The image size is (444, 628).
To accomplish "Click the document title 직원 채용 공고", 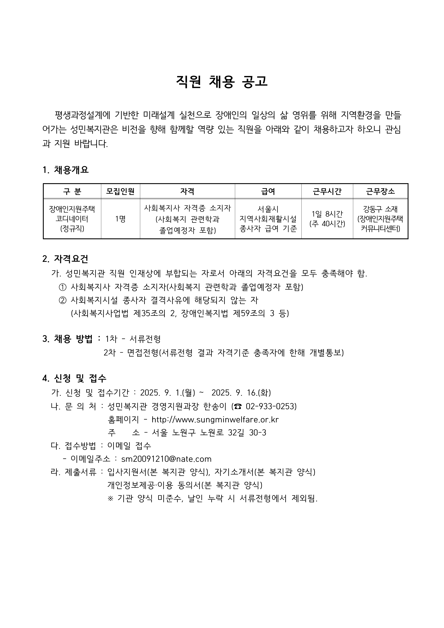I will click(x=222, y=82).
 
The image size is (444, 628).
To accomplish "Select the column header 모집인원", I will click(x=120, y=191).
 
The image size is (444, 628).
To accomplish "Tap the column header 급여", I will click(x=268, y=191).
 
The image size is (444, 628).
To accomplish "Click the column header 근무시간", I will click(x=327, y=191).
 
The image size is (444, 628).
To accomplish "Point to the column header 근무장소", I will click(x=380, y=191).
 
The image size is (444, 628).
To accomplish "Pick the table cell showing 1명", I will click(x=120, y=219).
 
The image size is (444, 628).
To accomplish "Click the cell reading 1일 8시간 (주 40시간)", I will click(x=327, y=219).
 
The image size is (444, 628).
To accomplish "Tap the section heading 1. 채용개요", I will click(x=66, y=170).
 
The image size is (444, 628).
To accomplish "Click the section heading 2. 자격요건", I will click(x=65, y=258).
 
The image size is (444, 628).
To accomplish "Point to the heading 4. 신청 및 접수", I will click(x=74, y=378).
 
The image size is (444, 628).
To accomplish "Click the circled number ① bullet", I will click(x=62, y=287).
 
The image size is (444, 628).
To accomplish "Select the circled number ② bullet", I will click(x=62, y=301).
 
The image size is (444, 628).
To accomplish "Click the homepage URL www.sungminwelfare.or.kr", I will click(x=215, y=420).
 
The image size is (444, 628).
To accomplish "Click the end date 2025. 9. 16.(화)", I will click(x=241, y=393).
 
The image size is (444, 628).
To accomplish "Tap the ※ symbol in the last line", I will click(x=111, y=499).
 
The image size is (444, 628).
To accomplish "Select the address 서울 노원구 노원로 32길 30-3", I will click(x=209, y=433).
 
